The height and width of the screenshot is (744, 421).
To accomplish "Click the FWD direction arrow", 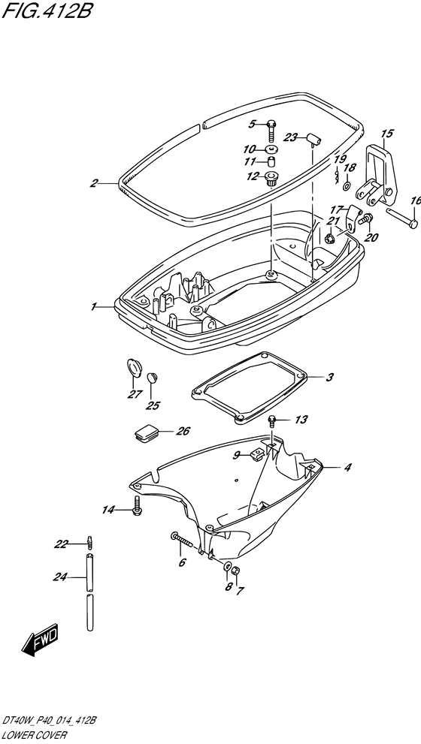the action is [x=40, y=640].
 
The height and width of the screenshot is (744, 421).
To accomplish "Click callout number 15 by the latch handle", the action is [x=387, y=134].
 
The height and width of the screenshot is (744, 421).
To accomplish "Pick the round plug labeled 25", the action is [x=152, y=378].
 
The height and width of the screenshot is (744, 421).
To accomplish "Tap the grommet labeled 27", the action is [x=134, y=368].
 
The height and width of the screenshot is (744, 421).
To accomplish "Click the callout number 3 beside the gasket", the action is [x=329, y=378].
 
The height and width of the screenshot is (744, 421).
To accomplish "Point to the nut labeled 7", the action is [x=238, y=571].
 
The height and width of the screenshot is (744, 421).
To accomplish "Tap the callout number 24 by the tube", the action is [x=60, y=577].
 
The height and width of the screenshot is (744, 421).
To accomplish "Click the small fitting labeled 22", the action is [x=89, y=541].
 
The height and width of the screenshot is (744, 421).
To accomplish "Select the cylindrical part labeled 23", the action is [x=313, y=139].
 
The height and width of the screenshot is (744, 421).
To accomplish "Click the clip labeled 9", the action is [x=256, y=455].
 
